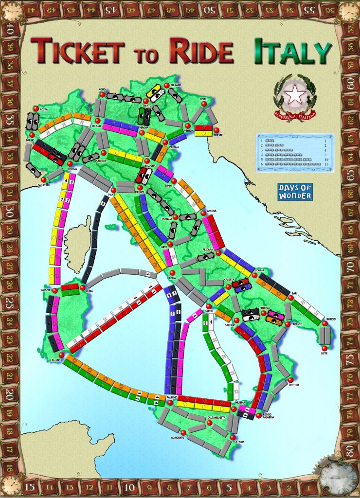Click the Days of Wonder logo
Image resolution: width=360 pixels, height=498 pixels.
[x=295, y=192]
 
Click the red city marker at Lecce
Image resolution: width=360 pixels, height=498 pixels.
[x=324, y=348]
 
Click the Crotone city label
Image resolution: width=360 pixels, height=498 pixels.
[x=295, y=385]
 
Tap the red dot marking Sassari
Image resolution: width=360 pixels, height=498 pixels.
[x=55, y=291]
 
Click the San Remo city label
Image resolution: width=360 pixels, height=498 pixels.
[x=44, y=185]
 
